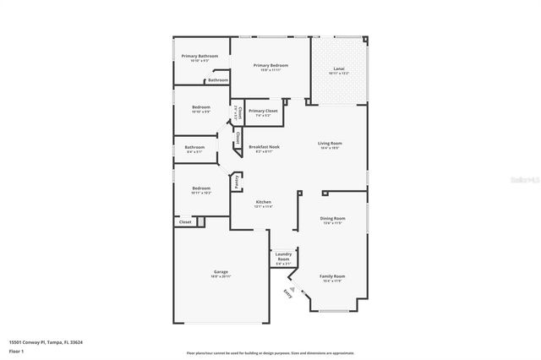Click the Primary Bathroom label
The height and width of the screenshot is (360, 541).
pos(199,56)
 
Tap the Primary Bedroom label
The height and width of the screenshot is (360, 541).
pos(270,65)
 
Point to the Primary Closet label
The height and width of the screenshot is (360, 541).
pos(263,111)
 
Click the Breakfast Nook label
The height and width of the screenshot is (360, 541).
pos(264,147)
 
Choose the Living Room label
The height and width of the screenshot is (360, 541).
pos(329,144)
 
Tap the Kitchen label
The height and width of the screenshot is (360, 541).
pos(263,202)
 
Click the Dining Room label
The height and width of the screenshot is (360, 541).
pos(332,218)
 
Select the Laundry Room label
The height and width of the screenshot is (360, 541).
pos(283,256)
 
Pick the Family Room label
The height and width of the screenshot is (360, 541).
pos(331,276)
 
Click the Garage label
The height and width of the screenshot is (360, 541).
pos(221,272)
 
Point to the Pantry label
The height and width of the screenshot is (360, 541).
pos(237,181)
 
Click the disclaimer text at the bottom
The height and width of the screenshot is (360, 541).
pos(270,352)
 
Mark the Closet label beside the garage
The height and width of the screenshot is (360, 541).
pos(185,221)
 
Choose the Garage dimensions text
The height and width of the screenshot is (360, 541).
pos(221,276)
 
